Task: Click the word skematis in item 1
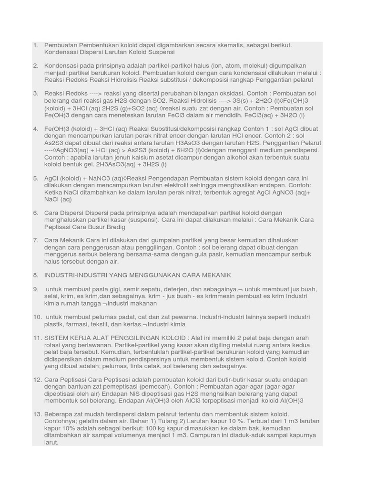coord(229,45)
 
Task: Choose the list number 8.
coord(36,275)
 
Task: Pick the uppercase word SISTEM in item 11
coord(58,338)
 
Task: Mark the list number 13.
coord(38,414)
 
